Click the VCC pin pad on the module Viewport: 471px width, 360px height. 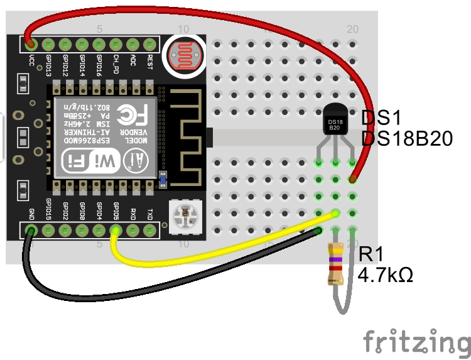(30, 44)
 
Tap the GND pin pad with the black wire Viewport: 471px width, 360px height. (30, 231)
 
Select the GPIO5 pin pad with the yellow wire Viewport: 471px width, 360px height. (116, 231)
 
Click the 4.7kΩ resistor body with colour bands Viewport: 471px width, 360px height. (336, 265)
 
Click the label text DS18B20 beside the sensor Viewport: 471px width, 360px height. (407, 139)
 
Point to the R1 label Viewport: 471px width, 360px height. (371, 254)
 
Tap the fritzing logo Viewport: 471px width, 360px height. (416, 341)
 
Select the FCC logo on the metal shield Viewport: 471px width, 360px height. (134, 114)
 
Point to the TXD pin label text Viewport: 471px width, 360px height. (149, 209)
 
